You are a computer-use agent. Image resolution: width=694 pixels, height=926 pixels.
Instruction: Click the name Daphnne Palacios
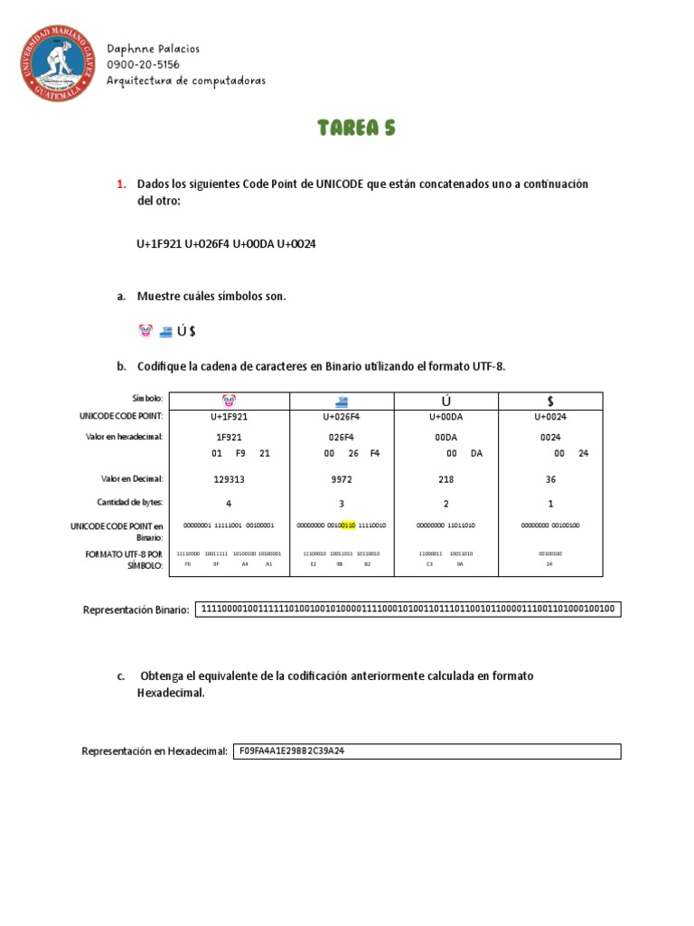pyautogui.click(x=153, y=49)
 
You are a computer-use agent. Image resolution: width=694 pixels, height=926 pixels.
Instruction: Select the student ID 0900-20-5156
pyautogui.click(x=143, y=65)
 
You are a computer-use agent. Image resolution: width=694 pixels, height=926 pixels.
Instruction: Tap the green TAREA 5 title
pyautogui.click(x=356, y=128)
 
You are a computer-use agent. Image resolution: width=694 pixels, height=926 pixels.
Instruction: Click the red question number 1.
pyautogui.click(x=121, y=184)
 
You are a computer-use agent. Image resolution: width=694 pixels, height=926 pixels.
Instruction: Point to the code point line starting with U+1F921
pyautogui.click(x=226, y=244)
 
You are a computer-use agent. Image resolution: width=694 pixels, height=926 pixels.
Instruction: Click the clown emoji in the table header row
pyautogui.click(x=230, y=400)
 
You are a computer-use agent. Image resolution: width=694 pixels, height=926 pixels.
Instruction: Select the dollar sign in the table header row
pyautogui.click(x=550, y=400)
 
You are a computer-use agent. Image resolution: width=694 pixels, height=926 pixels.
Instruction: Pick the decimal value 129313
pyautogui.click(x=230, y=480)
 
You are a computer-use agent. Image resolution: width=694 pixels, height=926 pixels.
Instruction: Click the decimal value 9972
pyautogui.click(x=342, y=480)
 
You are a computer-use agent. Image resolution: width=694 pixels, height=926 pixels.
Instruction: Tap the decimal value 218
pyautogui.click(x=445, y=480)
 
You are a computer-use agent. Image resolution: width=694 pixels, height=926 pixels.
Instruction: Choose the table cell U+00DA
pyautogui.click(x=445, y=417)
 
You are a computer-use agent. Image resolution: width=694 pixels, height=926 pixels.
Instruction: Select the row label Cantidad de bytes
pyautogui.click(x=130, y=503)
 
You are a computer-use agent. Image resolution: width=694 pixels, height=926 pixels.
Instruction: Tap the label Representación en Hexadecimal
pyautogui.click(x=155, y=751)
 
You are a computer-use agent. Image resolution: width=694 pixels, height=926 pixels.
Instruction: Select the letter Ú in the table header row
pyautogui.click(x=445, y=400)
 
